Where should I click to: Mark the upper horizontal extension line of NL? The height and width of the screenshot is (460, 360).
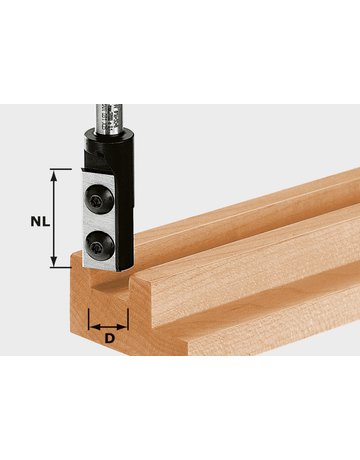pos(62,170)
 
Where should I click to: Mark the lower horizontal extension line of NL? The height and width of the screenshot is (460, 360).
pos(62,268)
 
